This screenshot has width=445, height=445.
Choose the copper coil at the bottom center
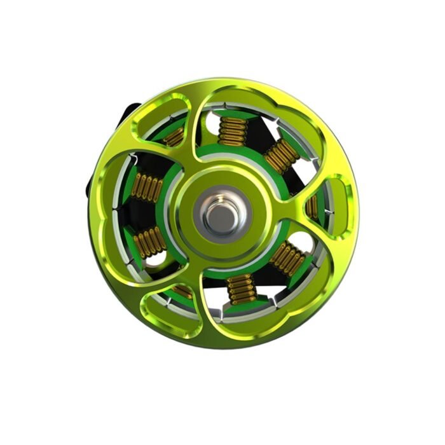point(242,289)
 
